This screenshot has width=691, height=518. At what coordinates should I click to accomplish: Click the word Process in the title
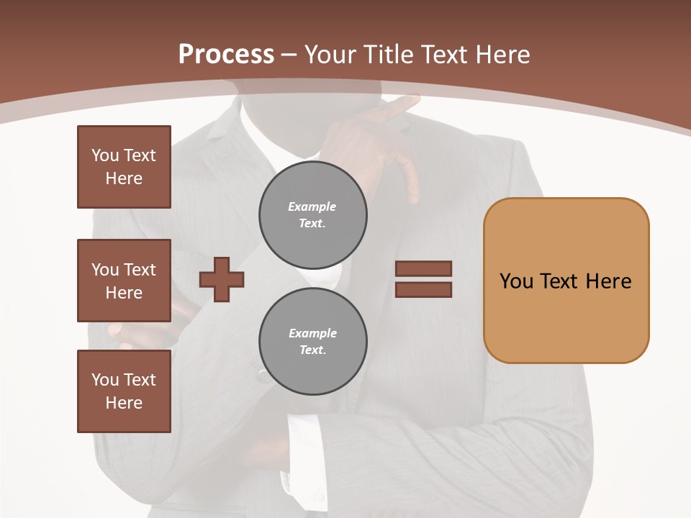226,55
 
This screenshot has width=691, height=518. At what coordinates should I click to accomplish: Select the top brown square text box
124,167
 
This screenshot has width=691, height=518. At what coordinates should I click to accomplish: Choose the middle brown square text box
124,281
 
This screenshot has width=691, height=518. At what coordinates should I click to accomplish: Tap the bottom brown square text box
124,391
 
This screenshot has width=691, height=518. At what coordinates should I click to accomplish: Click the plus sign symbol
222,279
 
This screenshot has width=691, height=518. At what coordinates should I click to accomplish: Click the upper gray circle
312,215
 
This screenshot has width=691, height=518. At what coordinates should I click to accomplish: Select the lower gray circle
312,342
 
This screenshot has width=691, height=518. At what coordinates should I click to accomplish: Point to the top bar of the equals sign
423,268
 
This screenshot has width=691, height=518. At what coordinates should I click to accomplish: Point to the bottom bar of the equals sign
423,290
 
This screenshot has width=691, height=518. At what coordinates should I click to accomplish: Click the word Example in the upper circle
312,206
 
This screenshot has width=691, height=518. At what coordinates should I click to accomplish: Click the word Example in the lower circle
312,333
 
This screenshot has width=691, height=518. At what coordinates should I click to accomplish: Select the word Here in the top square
124,178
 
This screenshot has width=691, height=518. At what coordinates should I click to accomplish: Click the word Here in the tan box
608,281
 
